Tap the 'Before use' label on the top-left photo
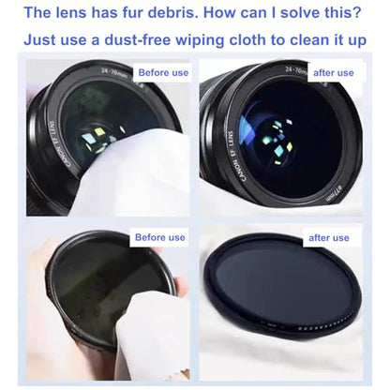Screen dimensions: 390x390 (163, 73)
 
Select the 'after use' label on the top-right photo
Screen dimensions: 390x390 (334, 73)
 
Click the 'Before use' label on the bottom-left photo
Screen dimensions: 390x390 (160, 237)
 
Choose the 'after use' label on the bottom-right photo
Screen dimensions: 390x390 (329, 238)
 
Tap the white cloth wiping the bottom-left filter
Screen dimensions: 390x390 (152, 336)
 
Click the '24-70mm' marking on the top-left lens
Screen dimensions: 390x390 (113, 73)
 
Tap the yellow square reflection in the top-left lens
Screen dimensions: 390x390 (99, 131)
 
